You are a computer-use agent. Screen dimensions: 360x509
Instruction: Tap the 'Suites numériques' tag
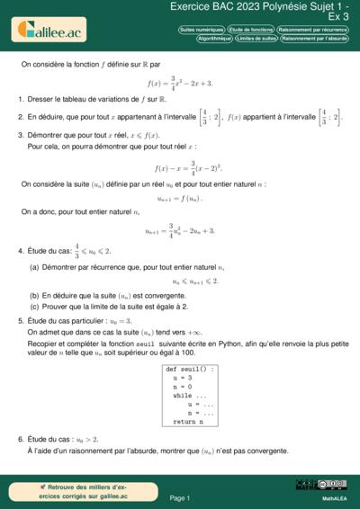point(202,30)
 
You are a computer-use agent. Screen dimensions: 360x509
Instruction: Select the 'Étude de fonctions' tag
point(251,30)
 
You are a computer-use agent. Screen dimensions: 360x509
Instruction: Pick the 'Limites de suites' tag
point(256,39)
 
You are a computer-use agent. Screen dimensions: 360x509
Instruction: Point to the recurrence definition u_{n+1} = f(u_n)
point(180,199)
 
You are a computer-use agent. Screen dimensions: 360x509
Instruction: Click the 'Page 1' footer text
point(179,497)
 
